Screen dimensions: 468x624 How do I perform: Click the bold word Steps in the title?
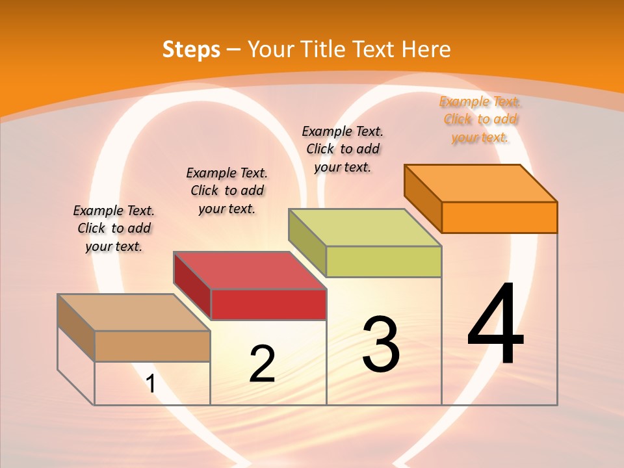191,49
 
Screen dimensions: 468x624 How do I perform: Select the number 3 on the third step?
381,344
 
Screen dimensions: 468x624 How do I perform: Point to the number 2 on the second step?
262,364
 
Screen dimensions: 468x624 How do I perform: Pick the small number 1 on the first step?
150,384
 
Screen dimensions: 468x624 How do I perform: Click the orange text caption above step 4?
480,120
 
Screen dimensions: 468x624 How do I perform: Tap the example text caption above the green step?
343,149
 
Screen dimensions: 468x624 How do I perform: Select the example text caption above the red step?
227,190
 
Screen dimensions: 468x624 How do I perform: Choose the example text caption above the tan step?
114,228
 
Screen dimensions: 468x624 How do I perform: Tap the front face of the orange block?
499,217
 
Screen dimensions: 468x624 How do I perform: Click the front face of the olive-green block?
383,261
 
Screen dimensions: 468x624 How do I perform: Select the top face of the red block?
250,270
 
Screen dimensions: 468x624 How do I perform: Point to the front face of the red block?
268,304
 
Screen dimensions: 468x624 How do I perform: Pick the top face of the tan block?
134,312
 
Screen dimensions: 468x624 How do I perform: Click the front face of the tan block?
152,346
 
